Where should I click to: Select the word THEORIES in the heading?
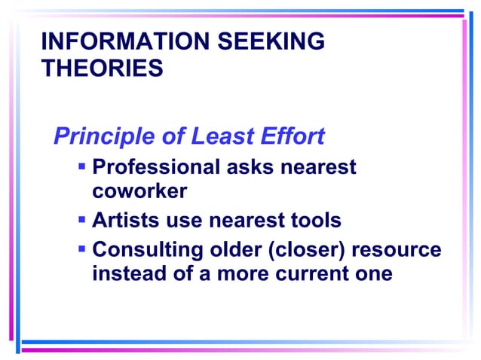102,69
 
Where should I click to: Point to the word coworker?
139,191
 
